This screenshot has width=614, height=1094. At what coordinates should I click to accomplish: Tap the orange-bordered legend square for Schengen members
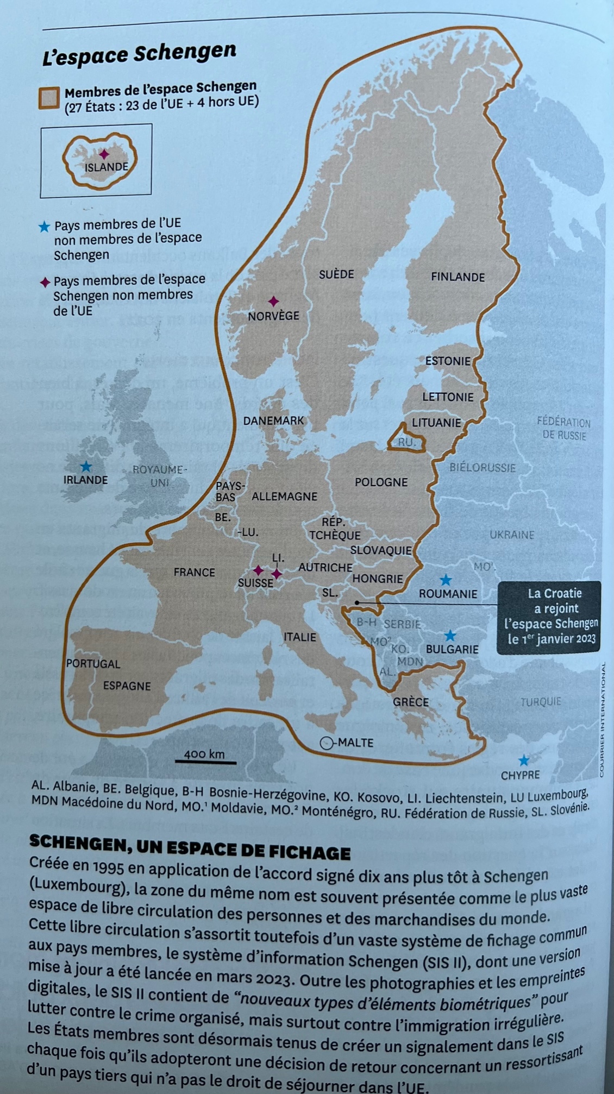(49, 98)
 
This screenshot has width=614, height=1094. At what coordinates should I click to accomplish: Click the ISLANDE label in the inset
(106, 167)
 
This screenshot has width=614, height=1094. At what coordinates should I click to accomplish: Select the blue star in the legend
(45, 227)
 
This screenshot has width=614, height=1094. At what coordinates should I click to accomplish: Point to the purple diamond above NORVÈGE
(274, 301)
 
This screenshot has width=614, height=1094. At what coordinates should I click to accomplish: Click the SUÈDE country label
(336, 274)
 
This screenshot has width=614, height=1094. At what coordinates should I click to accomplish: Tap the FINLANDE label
(458, 277)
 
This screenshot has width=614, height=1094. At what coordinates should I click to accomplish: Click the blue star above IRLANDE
(86, 467)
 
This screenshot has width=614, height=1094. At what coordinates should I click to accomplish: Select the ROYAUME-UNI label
(159, 476)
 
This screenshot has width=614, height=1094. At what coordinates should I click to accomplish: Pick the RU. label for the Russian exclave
(406, 443)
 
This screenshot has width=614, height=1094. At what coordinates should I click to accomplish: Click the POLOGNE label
(381, 482)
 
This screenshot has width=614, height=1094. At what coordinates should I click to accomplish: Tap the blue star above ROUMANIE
(446, 580)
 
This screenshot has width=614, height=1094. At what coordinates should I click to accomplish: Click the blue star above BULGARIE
(450, 636)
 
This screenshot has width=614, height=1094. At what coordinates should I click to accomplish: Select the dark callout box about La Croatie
(550, 617)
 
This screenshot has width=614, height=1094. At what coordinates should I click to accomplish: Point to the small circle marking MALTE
(326, 743)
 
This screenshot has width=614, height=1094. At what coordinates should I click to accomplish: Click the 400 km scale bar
(205, 762)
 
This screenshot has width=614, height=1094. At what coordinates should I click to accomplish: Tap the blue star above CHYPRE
(523, 760)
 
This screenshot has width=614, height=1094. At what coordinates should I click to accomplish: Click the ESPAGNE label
(127, 686)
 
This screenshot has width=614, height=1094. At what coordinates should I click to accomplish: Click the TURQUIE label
(540, 702)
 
